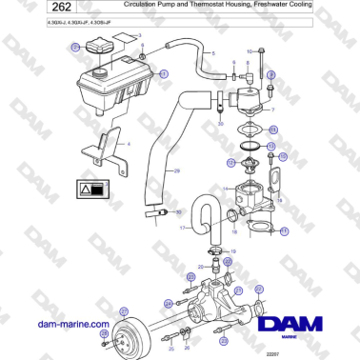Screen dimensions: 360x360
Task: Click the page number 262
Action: pyautogui.click(x=32, y=11)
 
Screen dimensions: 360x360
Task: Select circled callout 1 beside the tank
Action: pyautogui.click(x=163, y=73)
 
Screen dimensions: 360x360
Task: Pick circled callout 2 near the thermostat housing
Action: pyautogui.click(x=271, y=73)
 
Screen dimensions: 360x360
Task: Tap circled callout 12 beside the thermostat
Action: pyautogui.click(x=230, y=164)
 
